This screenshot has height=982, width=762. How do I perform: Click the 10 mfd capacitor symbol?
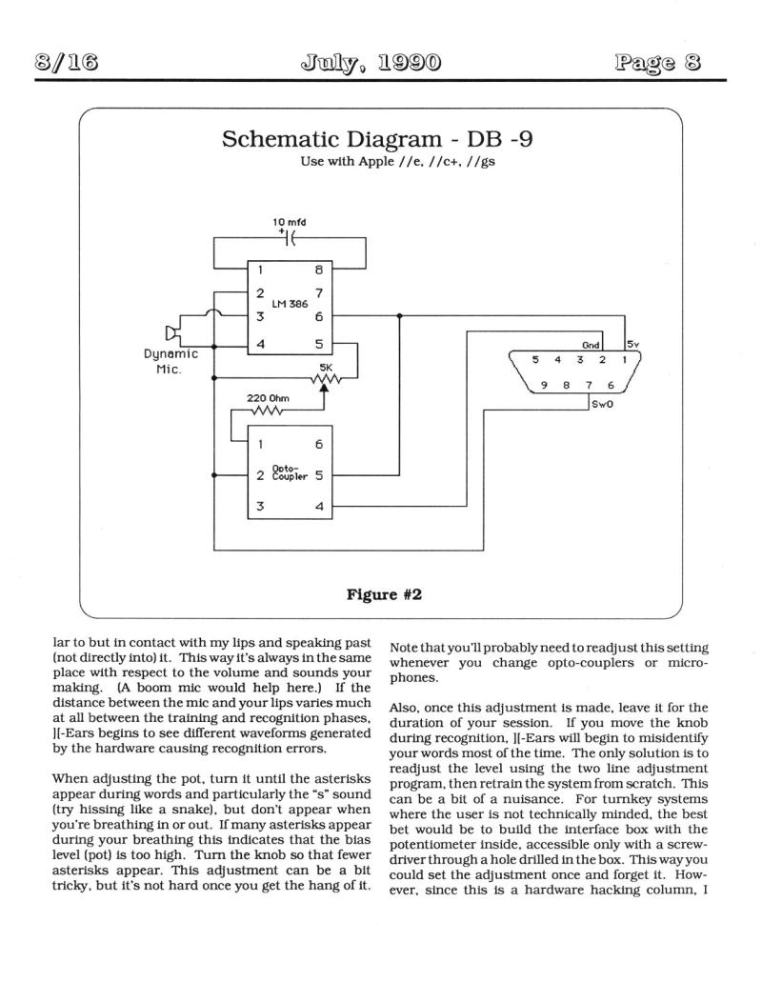point(290,238)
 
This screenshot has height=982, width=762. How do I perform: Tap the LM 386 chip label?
point(290,304)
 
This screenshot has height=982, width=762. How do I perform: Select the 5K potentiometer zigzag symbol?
point(326,378)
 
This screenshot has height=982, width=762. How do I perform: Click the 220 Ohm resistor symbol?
point(268,411)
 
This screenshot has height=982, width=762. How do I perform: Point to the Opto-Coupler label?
point(290,472)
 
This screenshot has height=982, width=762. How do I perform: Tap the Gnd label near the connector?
point(591,345)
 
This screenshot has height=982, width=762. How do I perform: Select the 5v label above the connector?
point(632,345)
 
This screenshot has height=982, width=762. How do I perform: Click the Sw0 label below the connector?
point(602,404)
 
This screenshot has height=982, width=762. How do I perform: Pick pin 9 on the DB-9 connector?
point(544,385)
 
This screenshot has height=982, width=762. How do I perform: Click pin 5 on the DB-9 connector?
point(535,359)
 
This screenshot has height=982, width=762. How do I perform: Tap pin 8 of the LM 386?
point(319,271)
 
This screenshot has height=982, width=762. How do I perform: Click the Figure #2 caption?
point(384,593)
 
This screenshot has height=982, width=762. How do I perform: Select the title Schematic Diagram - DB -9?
point(377,138)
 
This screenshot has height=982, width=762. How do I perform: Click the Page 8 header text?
point(657,62)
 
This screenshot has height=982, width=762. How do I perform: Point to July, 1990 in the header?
point(371,63)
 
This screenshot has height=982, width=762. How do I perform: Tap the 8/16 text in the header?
point(67,62)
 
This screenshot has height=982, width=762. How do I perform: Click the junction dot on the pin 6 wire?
point(399,315)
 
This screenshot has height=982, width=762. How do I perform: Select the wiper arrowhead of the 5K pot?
point(324,388)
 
